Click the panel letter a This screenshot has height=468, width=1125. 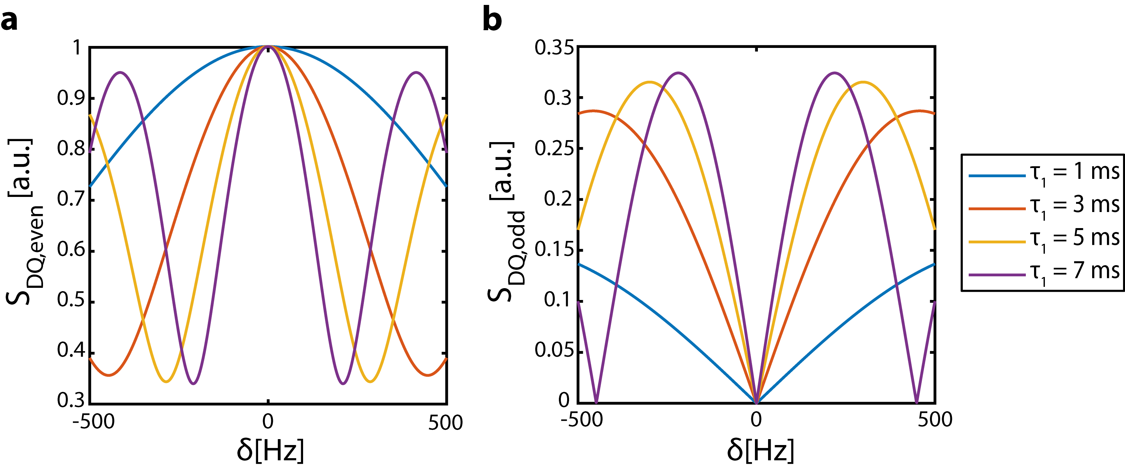tap(9, 21)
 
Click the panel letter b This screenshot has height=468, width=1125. tap(492, 20)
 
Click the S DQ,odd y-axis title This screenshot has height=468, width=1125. tap(507, 223)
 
